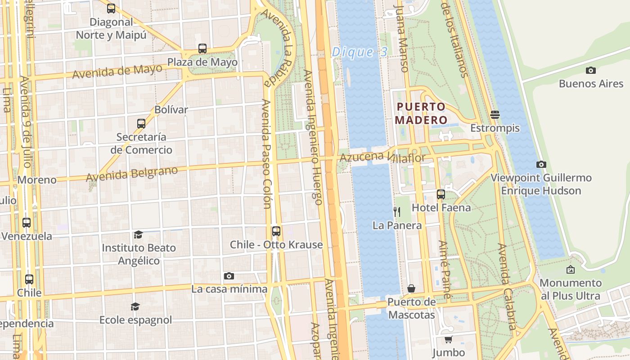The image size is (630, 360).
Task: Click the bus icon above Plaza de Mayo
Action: [x=202, y=49]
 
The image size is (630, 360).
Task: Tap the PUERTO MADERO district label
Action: [x=421, y=113]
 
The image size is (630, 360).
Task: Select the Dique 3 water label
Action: [x=359, y=52]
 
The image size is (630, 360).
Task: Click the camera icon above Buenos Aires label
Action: [x=591, y=70]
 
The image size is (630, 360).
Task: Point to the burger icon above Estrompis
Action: [x=495, y=114]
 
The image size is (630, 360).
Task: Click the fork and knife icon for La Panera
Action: [x=397, y=211]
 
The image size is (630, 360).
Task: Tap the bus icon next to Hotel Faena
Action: [x=441, y=194]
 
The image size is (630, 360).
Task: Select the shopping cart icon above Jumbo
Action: [x=448, y=339]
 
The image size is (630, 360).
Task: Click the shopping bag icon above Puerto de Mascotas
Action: [x=411, y=288]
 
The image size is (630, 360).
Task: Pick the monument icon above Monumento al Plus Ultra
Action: [x=571, y=270]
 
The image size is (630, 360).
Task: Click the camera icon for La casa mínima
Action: [x=229, y=276]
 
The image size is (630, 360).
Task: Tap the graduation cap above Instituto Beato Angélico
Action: [x=138, y=234]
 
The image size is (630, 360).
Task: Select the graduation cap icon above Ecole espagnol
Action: [x=135, y=306]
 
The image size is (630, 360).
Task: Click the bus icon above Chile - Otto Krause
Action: [x=276, y=231]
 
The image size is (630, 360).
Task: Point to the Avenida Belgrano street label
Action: [x=132, y=173]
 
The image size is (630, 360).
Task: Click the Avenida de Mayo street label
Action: [x=117, y=71]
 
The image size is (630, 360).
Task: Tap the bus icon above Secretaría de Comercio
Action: [x=141, y=123]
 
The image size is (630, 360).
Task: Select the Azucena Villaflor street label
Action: [x=382, y=157]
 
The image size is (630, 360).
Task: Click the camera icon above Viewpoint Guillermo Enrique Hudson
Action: [x=541, y=164]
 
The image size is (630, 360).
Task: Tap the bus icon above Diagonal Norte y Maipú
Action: [x=111, y=8]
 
